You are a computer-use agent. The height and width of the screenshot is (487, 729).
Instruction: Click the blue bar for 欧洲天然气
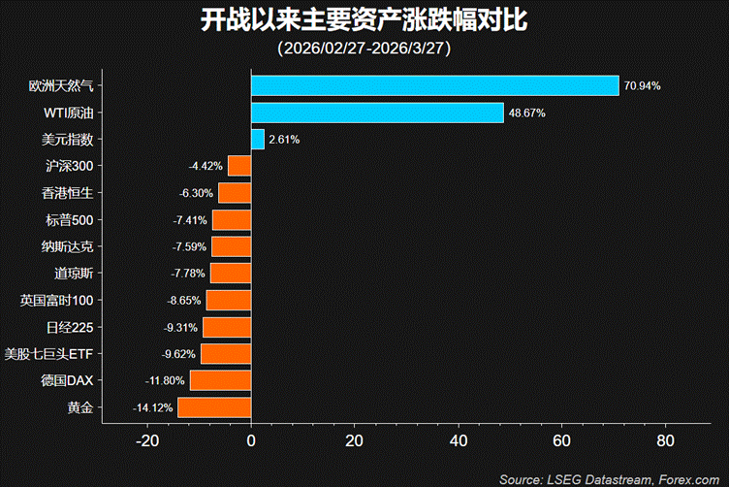[x=435, y=85]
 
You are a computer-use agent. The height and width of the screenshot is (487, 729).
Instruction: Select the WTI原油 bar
[x=377, y=113]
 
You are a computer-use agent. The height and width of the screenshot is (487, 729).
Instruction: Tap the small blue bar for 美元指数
[x=258, y=139]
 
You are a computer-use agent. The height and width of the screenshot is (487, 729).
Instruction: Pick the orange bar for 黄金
[x=214, y=407]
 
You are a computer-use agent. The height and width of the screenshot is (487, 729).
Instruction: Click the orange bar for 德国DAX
[x=220, y=380]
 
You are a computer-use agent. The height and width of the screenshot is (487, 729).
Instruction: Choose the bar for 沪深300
[x=239, y=166]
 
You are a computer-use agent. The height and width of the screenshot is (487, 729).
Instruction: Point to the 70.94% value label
[x=642, y=85]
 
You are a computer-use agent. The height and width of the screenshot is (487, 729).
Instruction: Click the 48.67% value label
[x=526, y=113]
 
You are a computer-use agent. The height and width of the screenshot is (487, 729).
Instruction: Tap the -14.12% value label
[x=153, y=407]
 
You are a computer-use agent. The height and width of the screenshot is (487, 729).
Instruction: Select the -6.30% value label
[x=196, y=193]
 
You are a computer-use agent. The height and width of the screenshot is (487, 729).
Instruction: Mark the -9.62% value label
[x=178, y=354]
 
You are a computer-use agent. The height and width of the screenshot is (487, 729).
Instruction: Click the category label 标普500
[x=69, y=220]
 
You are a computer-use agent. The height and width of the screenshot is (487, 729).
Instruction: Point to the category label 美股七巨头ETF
[x=48, y=354]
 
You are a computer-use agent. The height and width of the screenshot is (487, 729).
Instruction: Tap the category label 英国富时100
[x=57, y=301]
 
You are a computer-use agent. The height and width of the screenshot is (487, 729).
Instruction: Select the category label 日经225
[x=70, y=328]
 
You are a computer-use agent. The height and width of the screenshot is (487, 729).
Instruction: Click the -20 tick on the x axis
[x=147, y=440]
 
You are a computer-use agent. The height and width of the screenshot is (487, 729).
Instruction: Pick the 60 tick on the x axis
[x=561, y=440]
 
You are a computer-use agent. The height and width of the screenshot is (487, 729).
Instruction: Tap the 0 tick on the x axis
[x=251, y=440]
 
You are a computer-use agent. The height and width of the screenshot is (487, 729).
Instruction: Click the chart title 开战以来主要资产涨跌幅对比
[x=364, y=20]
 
